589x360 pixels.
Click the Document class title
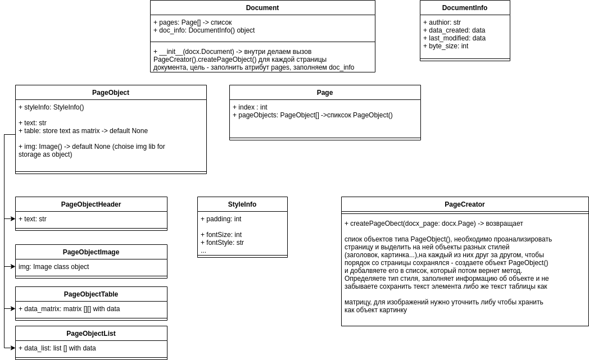click(262, 8)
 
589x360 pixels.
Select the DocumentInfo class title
click(464, 8)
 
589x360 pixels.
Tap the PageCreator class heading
click(464, 204)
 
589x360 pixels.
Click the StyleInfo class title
click(242, 204)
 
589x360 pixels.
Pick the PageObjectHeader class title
click(90, 204)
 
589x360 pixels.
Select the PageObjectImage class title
click(90, 252)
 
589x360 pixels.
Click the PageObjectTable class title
click(90, 294)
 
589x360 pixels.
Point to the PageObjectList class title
click(90, 334)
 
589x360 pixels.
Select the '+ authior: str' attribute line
click(442, 22)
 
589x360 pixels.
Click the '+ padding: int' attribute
click(220, 219)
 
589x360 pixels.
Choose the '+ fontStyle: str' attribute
click(222, 243)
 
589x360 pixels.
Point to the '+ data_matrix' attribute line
click(69, 309)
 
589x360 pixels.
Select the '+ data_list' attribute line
click(57, 348)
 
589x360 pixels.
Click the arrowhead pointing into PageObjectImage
click(12, 267)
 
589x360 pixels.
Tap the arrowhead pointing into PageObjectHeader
click(12, 219)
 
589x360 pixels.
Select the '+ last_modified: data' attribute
click(454, 38)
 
